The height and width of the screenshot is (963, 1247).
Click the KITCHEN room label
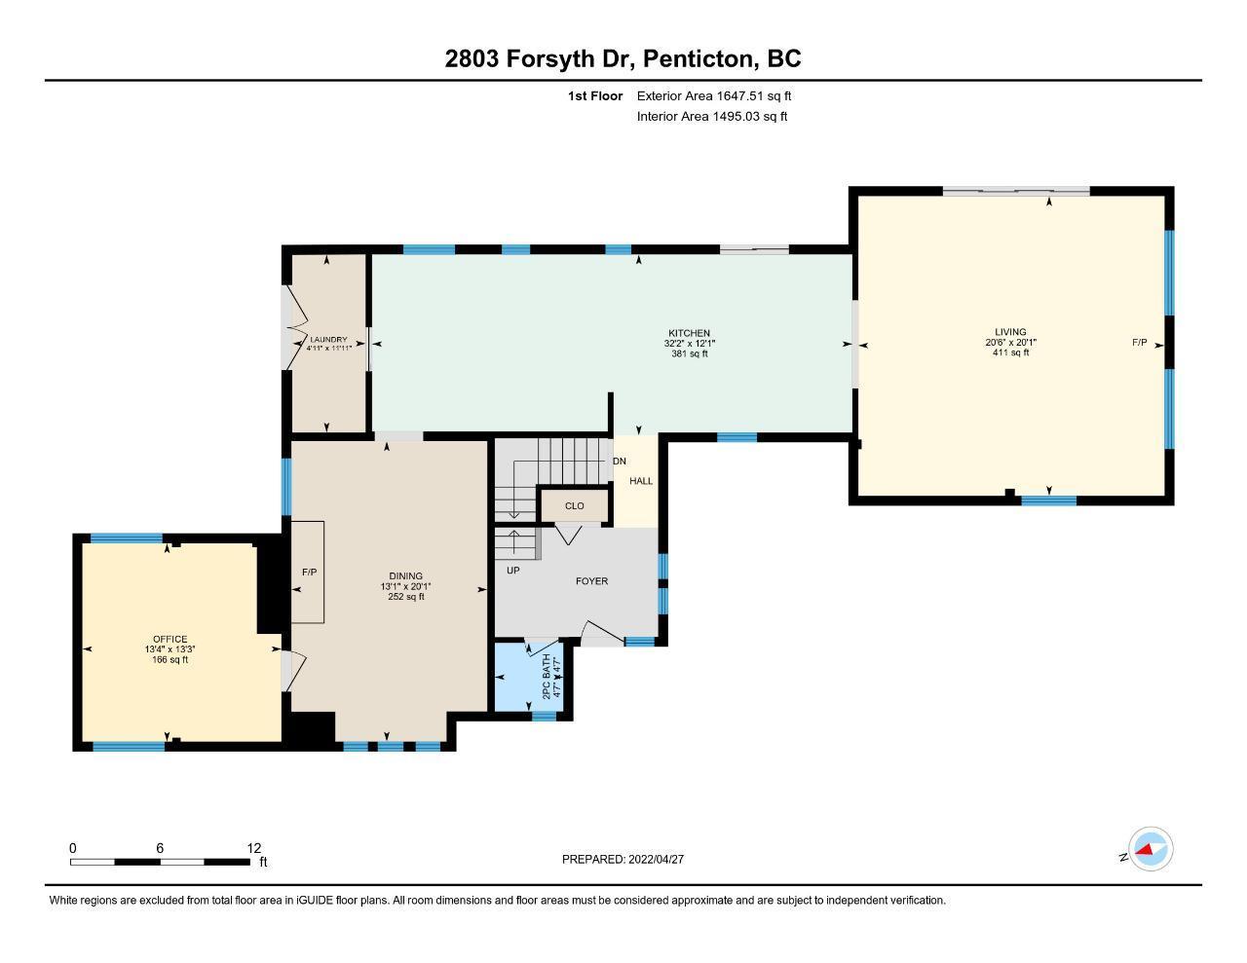689,333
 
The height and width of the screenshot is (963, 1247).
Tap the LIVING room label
1010,331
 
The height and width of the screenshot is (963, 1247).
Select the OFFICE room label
170,639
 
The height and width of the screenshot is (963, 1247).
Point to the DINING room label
405,575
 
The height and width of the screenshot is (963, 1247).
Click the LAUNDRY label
328,340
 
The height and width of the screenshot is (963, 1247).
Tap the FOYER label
591,581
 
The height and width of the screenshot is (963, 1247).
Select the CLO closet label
574,506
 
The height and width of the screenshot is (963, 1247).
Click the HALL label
641,481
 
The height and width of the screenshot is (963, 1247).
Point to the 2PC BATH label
547,676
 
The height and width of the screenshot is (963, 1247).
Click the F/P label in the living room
1139,343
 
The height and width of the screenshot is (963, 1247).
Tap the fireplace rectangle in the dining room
308,572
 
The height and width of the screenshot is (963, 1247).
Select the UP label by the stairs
513,571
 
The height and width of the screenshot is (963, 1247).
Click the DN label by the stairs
620,462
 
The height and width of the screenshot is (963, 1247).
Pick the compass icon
1151,849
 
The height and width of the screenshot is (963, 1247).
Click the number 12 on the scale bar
253,848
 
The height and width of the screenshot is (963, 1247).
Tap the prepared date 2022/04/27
656,859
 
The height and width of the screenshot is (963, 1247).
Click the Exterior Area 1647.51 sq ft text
714,95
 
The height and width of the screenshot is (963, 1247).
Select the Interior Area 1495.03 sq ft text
711,117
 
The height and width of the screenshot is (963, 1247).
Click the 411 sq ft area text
1010,352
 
